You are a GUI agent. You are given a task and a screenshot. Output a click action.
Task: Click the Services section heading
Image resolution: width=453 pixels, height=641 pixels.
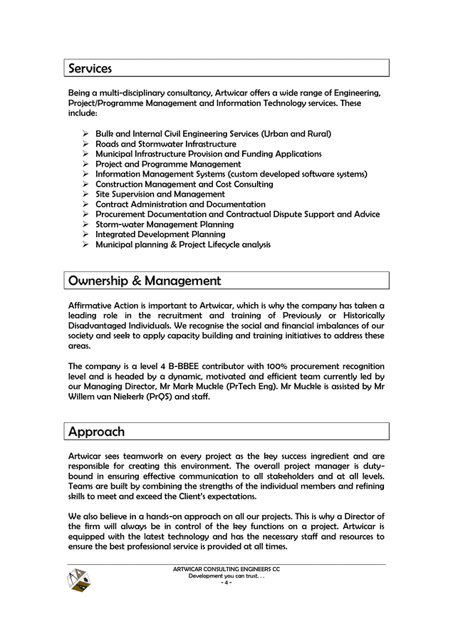[90, 68]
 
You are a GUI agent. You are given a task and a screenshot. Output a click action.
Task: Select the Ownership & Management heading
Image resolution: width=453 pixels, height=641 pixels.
[144, 281]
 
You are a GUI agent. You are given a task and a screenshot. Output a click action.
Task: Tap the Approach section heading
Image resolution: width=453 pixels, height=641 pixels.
[96, 432]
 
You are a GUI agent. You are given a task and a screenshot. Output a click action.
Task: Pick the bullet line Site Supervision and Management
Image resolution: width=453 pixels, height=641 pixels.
[160, 194]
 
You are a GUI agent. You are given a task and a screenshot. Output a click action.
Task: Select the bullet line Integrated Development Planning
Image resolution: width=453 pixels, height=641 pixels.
[160, 234]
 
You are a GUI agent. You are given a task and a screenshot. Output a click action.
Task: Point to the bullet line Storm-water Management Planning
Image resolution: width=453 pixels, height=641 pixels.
[165, 224]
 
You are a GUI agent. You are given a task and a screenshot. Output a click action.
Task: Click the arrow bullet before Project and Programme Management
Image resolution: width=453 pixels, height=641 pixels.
[84, 164]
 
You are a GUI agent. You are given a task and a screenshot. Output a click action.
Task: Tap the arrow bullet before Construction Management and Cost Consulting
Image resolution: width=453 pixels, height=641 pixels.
[84, 184]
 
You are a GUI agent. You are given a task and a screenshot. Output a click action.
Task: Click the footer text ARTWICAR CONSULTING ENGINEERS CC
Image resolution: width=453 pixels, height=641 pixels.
[226, 569]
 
